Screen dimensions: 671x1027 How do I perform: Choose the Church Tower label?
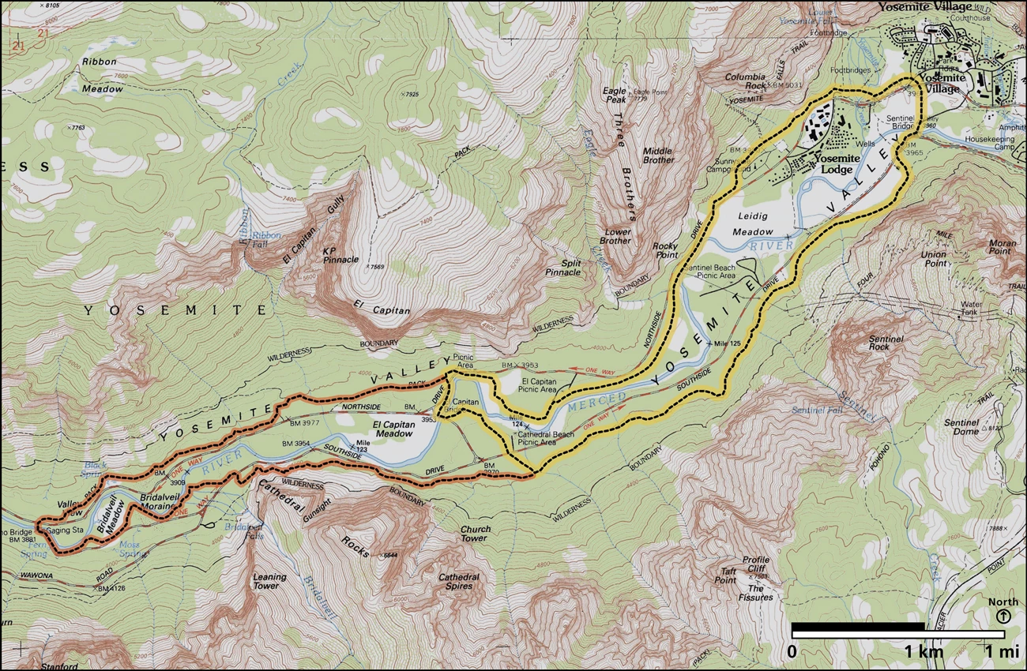(x=475, y=534)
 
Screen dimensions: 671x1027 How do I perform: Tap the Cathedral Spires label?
(x=459, y=581)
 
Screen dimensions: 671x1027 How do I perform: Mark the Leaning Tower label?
(x=269, y=581)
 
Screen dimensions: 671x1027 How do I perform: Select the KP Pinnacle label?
(x=340, y=254)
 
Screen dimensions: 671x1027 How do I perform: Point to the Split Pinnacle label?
(x=562, y=267)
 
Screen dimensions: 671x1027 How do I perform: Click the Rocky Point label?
(x=665, y=251)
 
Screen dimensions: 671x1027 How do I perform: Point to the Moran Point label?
(x=1002, y=246)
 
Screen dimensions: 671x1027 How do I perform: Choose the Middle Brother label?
(x=657, y=155)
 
